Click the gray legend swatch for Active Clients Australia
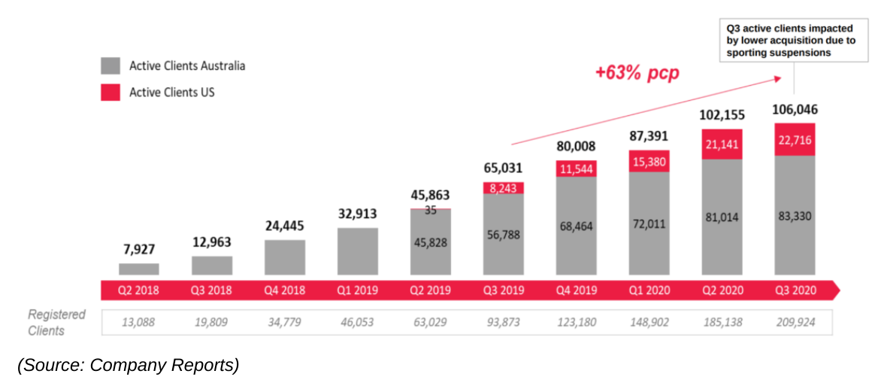[110, 65]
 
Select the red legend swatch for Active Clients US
[110, 92]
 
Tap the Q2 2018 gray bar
[139, 269]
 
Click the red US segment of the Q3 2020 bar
[795, 140]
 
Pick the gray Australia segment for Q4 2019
[577, 226]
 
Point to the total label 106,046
[795, 110]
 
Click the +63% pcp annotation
[636, 73]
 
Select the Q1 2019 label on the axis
[357, 290]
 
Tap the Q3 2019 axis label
[503, 290]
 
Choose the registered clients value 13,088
[139, 323]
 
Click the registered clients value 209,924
[795, 323]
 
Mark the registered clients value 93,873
[503, 323]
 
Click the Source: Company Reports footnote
[129, 366]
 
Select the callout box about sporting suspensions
[790, 41]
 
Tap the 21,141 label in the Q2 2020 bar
[722, 144]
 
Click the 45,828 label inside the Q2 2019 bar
[431, 242]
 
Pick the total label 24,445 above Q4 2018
[284, 225]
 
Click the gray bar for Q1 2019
[358, 251]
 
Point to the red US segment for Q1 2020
[649, 162]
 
